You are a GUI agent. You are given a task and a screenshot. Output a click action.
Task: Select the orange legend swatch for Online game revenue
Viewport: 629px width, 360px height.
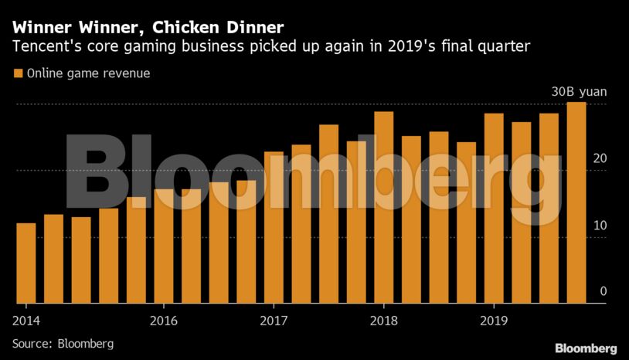(x=17, y=74)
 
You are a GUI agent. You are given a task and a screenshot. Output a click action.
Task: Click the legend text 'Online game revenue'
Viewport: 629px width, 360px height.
(x=88, y=74)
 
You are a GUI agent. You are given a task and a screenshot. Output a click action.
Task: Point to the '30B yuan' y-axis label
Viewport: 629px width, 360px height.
(x=579, y=92)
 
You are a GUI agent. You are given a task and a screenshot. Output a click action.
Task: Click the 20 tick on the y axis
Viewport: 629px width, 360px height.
(x=600, y=159)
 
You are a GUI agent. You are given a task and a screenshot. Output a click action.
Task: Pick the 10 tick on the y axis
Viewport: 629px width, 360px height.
(x=600, y=226)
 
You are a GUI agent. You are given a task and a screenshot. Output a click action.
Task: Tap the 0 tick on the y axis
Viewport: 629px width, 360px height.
(x=603, y=292)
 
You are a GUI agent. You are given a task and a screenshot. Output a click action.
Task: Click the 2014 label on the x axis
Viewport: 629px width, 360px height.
(x=25, y=319)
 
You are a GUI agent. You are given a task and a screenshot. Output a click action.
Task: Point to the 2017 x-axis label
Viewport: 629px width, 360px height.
(x=273, y=319)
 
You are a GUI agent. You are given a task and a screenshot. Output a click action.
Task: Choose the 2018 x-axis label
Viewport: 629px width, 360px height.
(x=383, y=319)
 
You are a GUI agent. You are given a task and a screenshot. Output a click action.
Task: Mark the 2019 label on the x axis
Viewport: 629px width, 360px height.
(x=493, y=319)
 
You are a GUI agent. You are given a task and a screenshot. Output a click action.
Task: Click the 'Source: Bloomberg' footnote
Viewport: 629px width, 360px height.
(x=63, y=342)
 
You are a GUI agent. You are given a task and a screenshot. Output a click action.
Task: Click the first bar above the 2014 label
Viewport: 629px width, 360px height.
(x=25, y=263)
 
